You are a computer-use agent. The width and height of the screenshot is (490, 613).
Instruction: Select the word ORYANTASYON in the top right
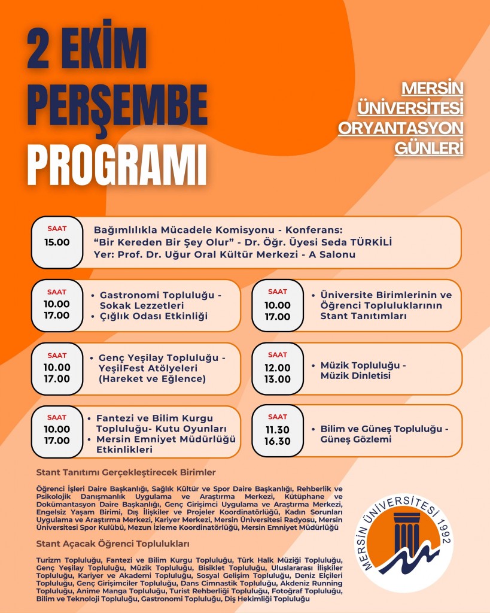click(x=401, y=128)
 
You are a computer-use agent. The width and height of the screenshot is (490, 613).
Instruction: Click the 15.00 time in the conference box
click(x=57, y=242)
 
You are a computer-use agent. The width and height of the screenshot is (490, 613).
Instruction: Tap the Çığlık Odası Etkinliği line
click(x=154, y=315)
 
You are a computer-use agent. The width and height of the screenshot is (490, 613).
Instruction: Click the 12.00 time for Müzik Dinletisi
click(x=278, y=368)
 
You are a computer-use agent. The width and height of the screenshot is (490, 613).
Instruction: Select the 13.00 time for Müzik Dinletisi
click(x=278, y=378)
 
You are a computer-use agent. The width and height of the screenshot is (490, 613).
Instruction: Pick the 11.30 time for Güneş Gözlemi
click(x=278, y=430)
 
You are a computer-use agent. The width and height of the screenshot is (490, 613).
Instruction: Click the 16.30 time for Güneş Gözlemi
click(x=278, y=441)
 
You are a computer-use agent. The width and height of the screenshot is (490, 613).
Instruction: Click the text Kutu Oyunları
click(x=197, y=429)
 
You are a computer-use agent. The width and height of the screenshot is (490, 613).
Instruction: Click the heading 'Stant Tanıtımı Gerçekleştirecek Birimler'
click(x=126, y=472)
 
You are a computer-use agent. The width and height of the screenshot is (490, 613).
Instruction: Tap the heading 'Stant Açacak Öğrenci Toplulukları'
click(x=113, y=544)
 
